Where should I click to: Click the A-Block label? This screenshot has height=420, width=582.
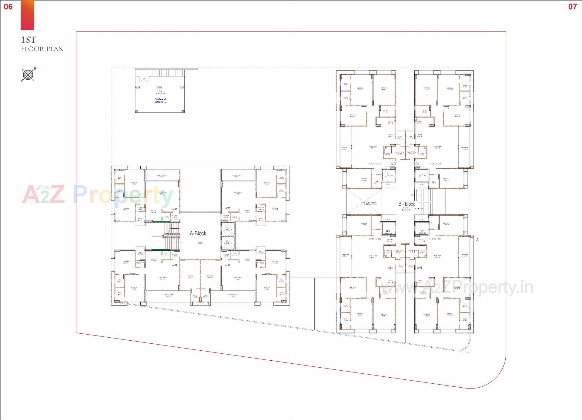(198, 233)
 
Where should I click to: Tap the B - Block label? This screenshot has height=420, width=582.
(406, 204)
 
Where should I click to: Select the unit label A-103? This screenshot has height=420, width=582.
(175, 209)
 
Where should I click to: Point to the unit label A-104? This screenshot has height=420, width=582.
(228, 208)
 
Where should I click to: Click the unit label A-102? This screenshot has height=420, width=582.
(175, 265)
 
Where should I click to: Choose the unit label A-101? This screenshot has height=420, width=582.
(228, 265)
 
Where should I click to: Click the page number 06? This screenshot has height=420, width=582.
(8, 7)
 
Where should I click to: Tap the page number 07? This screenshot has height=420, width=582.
(572, 7)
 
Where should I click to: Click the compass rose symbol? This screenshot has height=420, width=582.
(28, 74)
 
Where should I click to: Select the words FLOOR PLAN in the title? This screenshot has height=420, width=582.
(42, 49)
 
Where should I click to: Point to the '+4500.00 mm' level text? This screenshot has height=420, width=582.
(161, 102)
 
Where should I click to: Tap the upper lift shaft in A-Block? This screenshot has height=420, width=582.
(228, 229)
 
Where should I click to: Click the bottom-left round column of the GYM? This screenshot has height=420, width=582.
(137, 111)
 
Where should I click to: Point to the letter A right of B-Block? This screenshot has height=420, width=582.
(477, 240)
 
